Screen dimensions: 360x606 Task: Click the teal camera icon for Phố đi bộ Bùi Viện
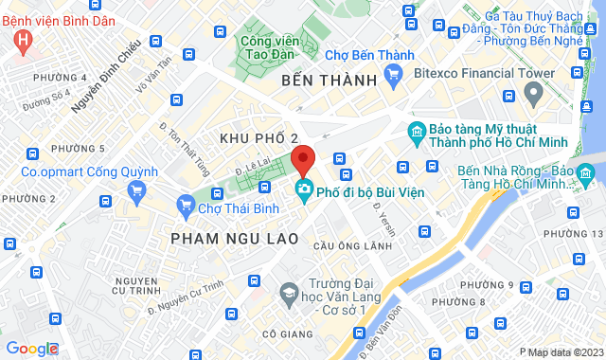304,189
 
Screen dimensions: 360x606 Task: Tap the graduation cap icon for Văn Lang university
285,297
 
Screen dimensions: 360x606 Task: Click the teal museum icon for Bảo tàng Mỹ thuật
416,132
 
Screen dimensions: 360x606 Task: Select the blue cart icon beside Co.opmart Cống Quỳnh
137,190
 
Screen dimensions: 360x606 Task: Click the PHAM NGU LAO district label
235,238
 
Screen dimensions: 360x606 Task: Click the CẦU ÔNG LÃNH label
351,245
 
